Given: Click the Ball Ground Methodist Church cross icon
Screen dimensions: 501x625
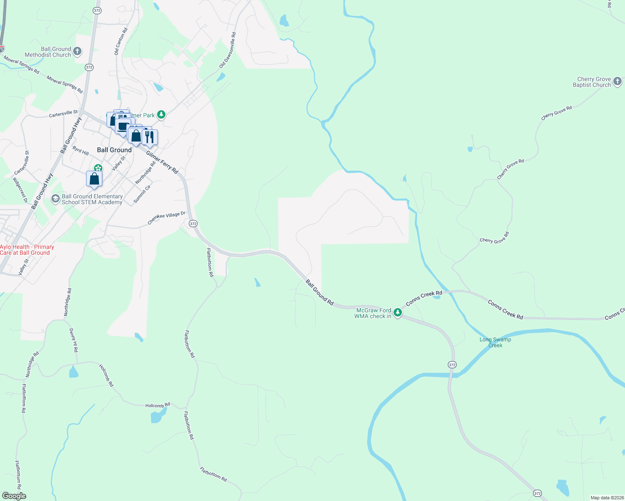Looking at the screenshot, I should pos(77,51).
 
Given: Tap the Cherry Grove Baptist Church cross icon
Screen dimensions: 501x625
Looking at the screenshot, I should pos(617,81).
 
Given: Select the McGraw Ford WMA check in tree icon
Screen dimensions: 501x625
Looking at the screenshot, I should pos(398,313).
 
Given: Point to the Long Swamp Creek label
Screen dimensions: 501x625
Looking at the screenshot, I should pos(495,342).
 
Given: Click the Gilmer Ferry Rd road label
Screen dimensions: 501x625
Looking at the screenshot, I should pos(162,162).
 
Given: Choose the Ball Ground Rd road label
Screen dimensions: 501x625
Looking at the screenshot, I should pos(320,292).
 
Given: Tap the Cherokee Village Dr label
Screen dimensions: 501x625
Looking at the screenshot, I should pos(166,218).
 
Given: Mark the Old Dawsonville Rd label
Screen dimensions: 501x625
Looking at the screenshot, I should pos(228,51).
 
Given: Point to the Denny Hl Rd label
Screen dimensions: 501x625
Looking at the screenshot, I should pos(74,340).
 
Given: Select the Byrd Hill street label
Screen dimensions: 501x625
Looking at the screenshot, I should pos(81,151).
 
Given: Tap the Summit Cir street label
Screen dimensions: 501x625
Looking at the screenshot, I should pos(142,194).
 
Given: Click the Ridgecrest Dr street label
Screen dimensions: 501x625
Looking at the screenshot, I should pos(20,190).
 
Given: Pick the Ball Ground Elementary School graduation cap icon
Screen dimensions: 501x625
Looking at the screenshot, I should pos(55,199).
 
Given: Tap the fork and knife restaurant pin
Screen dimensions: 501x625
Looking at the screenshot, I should pos(150,137).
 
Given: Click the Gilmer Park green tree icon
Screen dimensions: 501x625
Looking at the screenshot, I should pos(161,115).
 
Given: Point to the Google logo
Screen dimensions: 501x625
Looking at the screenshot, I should pos(14,496).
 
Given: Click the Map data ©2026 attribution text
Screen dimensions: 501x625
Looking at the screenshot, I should pos(607,498).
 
